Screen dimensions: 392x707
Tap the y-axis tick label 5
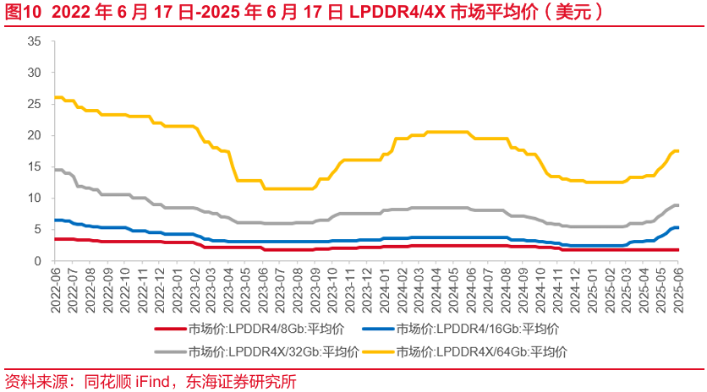pyautogui.click(x=37, y=229)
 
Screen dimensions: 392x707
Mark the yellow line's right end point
pyautogui.click(x=678, y=150)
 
